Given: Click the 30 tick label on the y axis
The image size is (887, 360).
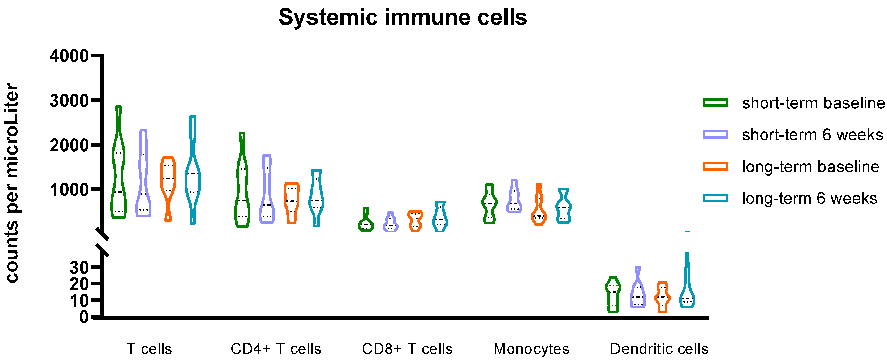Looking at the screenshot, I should click(79, 267).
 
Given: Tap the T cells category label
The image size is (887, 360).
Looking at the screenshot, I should click(149, 349).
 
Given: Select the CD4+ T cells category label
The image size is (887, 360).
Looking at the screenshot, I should click(276, 349).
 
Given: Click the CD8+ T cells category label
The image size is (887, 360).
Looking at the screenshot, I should click(407, 349).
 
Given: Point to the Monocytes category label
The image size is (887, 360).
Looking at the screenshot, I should click(531, 349).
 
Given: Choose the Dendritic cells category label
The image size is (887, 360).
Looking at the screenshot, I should click(659, 349).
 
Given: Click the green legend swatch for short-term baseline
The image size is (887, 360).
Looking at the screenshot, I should click(715, 102).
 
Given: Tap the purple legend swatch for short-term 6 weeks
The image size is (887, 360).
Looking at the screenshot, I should click(715, 134).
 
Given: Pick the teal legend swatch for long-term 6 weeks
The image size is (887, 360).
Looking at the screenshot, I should click(715, 198).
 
